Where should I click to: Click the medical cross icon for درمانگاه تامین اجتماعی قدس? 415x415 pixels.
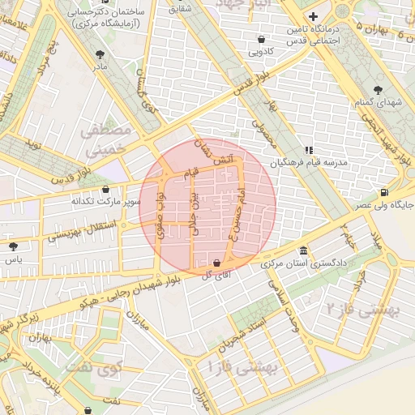[313, 16]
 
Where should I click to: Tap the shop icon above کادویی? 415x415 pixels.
[261, 39]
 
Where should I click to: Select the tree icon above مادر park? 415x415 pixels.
[100, 55]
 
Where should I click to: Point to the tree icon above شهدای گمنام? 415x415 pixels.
[376, 90]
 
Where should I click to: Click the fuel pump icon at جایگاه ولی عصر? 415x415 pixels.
[383, 192]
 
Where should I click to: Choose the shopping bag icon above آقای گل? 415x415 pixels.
[216, 263]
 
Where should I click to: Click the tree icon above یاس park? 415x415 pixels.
[12, 246]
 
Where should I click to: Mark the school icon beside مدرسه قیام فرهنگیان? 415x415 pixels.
[308, 150]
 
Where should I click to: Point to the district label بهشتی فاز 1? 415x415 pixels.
[244, 366]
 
